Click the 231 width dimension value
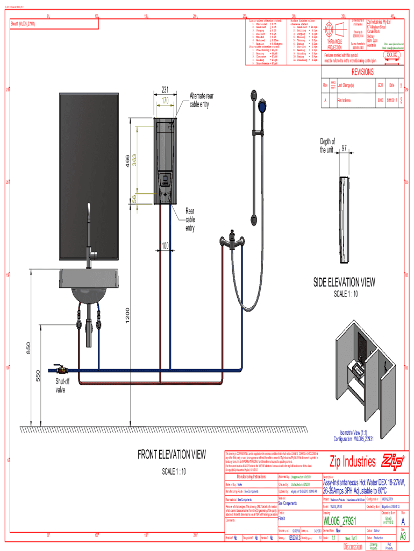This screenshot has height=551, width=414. click(165, 90)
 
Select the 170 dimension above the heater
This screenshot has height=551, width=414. click(165, 101)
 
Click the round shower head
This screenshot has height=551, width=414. click(263, 105)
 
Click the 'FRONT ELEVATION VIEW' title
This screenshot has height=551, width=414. click(172, 455)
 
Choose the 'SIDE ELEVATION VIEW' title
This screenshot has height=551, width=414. click(345, 282)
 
